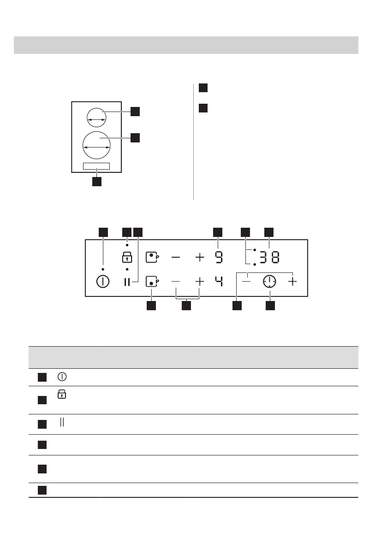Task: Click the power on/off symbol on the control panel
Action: pyautogui.click(x=102, y=282)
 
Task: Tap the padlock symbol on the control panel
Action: pyautogui.click(x=127, y=258)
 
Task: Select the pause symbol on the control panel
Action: pyautogui.click(x=127, y=282)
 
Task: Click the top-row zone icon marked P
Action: pyautogui.click(x=152, y=257)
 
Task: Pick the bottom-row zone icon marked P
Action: pyautogui.click(x=152, y=281)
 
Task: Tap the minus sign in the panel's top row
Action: pyautogui.click(x=176, y=257)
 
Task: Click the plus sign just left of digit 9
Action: pyautogui.click(x=199, y=257)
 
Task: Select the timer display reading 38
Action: pyautogui.click(x=269, y=257)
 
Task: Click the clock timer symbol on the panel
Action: pyautogui.click(x=269, y=282)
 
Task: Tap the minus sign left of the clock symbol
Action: pyautogui.click(x=247, y=281)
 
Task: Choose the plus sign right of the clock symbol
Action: pyautogui.click(x=292, y=281)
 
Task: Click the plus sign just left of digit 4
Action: pyautogui.click(x=199, y=281)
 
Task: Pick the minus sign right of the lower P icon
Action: pyautogui.click(x=176, y=281)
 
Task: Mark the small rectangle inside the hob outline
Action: pyautogui.click(x=96, y=166)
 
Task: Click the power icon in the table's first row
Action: pyautogui.click(x=61, y=377)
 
